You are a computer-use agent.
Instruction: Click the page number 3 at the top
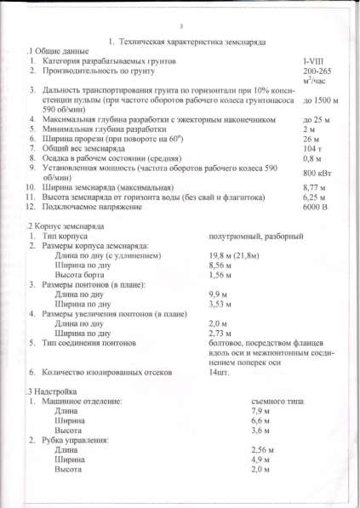(180, 26)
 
